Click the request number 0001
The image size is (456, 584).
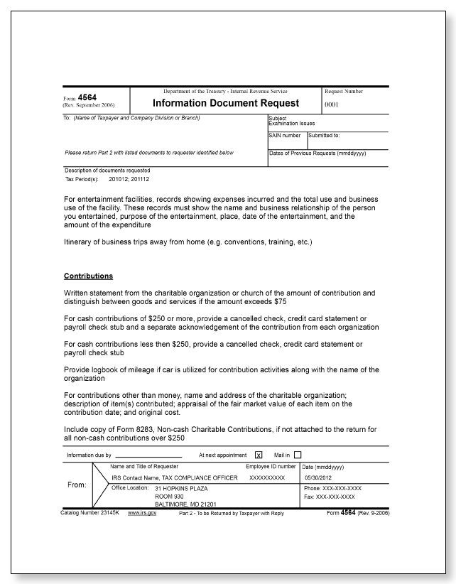click(332, 104)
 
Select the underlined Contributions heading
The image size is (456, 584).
click(89, 276)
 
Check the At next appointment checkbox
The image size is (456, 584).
click(259, 455)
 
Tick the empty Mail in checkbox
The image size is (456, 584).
click(298, 455)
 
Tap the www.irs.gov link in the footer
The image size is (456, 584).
click(141, 512)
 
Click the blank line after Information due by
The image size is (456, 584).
click(148, 455)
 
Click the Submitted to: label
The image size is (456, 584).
click(324, 135)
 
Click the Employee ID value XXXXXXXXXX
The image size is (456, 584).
click(267, 478)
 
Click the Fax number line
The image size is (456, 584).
click(331, 497)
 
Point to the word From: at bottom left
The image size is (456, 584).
click(76, 485)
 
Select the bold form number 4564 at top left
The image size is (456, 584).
click(87, 98)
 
